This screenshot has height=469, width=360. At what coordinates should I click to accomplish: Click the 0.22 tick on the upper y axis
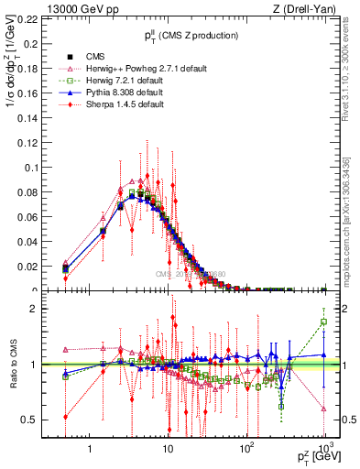click(26, 18)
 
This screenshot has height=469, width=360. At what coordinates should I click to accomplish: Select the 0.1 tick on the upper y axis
click(28, 167)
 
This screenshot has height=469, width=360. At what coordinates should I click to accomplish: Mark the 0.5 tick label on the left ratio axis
click(28, 420)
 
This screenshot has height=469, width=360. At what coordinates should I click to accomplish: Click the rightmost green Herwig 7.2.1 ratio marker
click(323, 322)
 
